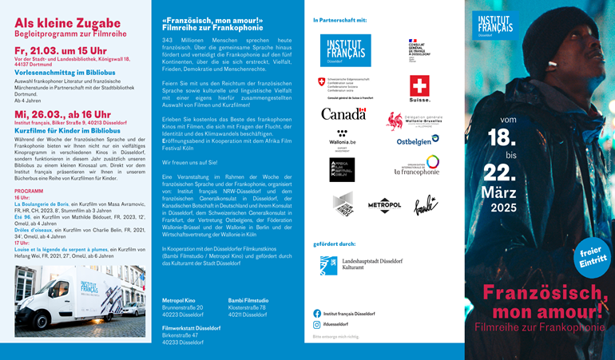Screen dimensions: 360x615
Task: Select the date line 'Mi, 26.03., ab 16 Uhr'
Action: [62, 115]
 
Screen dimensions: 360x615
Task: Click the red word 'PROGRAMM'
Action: [29, 192]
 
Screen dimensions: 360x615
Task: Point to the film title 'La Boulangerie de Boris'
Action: [41, 204]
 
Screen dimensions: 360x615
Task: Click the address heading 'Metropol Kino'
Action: [180, 299]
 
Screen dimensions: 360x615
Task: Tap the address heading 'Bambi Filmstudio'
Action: [248, 299]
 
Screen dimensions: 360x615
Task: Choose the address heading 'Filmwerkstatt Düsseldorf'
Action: [192, 327]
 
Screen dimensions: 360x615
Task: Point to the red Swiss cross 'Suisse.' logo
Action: [419, 88]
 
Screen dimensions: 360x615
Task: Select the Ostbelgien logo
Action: [418, 140]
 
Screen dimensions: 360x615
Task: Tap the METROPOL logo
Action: [384, 204]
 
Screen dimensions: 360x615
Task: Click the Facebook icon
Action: [317, 314]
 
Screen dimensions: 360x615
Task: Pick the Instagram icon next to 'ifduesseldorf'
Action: [317, 325]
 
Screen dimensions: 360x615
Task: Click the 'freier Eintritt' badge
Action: [592, 255]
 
